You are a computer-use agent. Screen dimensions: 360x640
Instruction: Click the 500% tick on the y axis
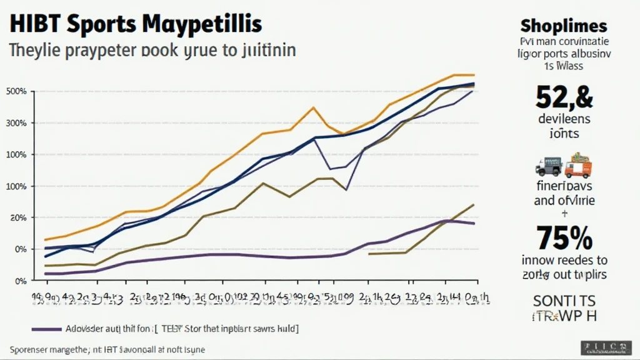click(x=16, y=92)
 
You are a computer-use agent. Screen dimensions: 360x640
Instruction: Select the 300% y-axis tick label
click(x=16, y=123)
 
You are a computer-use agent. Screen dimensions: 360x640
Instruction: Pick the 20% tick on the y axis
click(x=17, y=217)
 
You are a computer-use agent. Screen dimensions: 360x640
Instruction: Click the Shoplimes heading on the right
click(x=563, y=26)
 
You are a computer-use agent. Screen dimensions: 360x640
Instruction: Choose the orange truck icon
click(x=577, y=166)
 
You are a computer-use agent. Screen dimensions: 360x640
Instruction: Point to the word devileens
click(x=564, y=119)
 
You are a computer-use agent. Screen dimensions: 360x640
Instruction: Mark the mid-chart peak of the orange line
click(x=313, y=107)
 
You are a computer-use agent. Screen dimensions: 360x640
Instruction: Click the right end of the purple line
click(x=474, y=223)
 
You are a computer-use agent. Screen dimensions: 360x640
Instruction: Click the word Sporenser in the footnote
click(x=31, y=350)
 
